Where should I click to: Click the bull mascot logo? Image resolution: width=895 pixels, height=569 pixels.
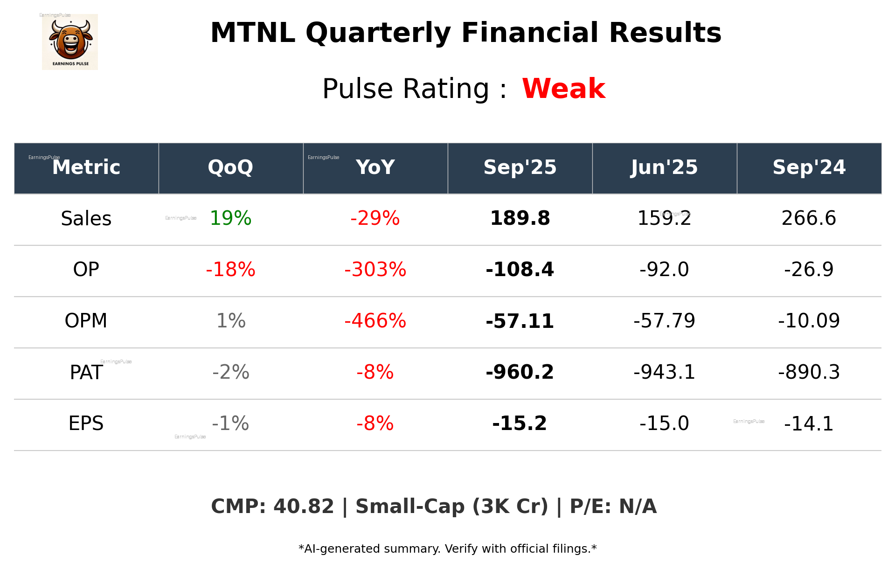coord(70,42)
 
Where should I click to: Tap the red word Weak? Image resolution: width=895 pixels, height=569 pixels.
coord(563,89)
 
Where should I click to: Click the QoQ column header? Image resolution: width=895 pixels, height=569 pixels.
coord(230,167)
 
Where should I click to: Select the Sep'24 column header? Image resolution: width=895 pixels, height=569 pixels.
coord(809,167)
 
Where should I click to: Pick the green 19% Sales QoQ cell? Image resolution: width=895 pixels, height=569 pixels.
coord(230,218)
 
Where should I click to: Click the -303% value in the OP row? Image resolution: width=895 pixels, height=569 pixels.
coord(375,270)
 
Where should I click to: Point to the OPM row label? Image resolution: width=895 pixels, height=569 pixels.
coord(86,321)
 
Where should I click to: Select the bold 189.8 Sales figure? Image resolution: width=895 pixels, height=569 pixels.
coord(520,218)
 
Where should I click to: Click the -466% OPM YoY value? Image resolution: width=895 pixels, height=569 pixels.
coord(375,321)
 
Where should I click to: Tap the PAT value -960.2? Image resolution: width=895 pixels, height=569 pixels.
coord(520,372)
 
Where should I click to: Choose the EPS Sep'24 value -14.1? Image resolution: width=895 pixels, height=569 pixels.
coord(809,423)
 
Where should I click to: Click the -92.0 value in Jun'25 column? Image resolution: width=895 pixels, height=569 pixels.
coord(664,270)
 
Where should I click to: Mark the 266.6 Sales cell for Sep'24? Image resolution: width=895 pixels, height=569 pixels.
coord(809,218)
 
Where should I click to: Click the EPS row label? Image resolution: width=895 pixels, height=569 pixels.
coord(86,423)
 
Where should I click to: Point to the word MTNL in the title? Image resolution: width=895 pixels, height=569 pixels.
coord(252,33)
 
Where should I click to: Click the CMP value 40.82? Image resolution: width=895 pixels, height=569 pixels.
coord(303,507)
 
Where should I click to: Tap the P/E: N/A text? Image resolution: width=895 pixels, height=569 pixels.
coord(613,507)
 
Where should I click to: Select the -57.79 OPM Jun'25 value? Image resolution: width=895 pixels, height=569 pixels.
coord(664,321)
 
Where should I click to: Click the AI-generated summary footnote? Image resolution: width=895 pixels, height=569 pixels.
coord(447,549)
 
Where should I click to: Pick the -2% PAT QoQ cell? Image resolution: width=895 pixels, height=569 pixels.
coord(230,372)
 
